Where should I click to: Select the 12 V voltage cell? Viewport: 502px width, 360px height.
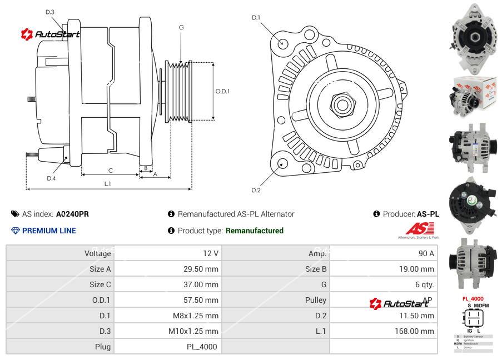point(211,253)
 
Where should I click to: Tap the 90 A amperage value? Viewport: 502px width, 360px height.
point(426,253)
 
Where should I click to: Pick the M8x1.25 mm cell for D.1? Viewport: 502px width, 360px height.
point(193,316)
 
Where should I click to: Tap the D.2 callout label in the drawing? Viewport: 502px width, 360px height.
point(256,191)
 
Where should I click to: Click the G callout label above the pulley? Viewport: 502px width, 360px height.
point(181,27)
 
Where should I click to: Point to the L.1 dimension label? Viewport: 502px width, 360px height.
point(108,183)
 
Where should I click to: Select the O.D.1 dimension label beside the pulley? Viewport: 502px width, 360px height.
point(222,91)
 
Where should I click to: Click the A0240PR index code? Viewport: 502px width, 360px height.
point(72,214)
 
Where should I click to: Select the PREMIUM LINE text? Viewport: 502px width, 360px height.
point(49,231)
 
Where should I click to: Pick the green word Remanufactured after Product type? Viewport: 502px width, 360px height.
point(254,231)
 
